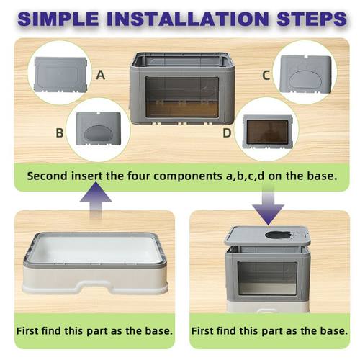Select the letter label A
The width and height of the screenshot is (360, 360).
100,74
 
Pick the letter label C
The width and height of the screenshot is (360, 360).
266,74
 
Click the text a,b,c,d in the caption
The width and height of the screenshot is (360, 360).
251,176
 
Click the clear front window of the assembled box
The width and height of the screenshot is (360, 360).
267,276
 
